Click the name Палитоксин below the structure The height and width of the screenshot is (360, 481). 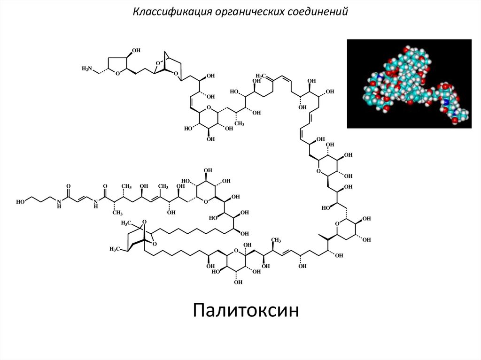[x=246, y=310]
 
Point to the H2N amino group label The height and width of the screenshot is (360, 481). [x=87, y=69]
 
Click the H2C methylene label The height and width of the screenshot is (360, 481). [x=261, y=76]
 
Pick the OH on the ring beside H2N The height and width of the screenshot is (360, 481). [x=136, y=50]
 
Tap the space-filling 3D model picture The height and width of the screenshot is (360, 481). [x=409, y=84]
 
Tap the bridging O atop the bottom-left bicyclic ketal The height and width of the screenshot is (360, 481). [x=145, y=222]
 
